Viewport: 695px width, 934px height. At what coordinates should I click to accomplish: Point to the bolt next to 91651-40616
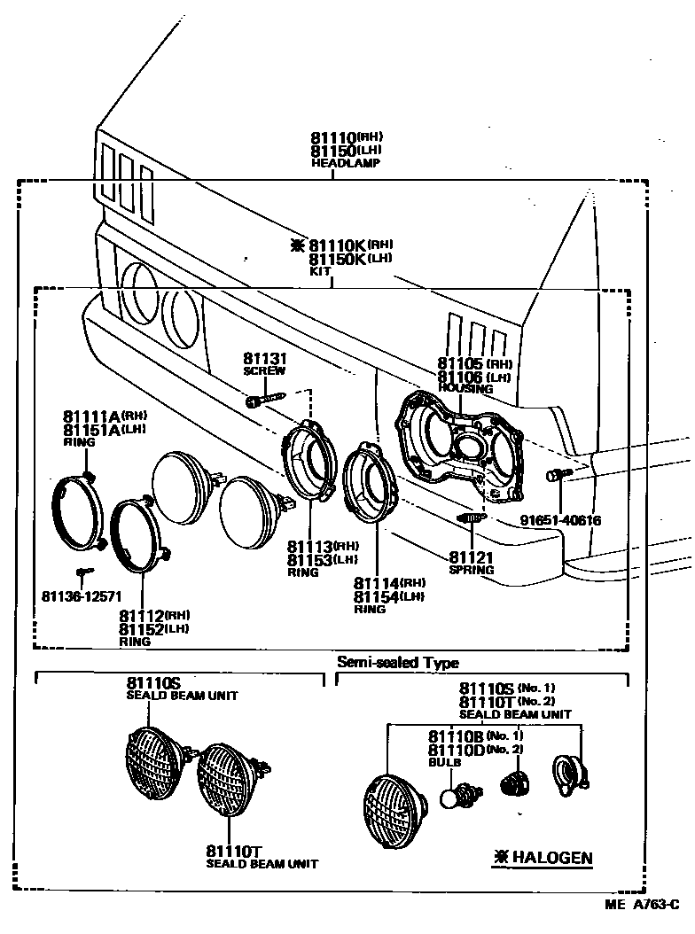(x=555, y=476)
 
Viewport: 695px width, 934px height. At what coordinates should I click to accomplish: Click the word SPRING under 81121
(x=471, y=570)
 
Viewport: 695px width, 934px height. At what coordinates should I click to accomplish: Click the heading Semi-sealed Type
(x=398, y=662)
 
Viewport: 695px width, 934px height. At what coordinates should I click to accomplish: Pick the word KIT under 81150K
(x=319, y=272)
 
